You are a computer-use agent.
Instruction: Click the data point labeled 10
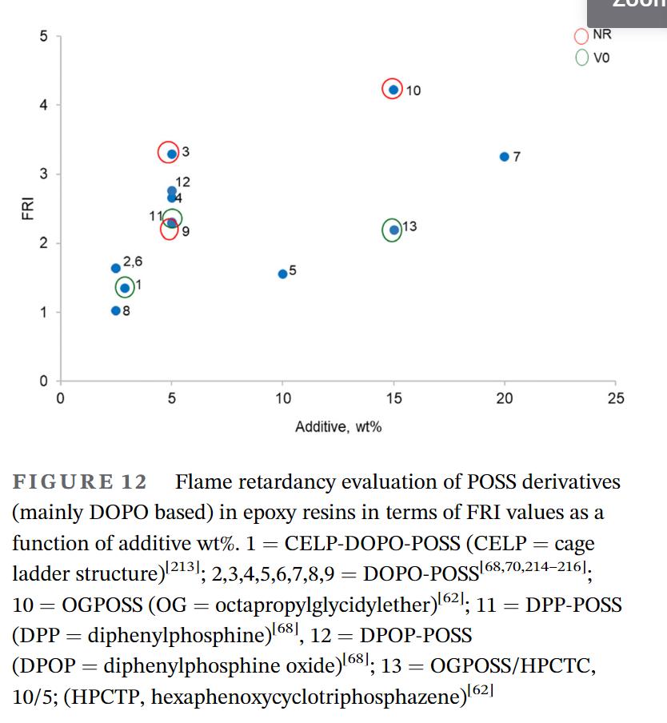[x=393, y=89]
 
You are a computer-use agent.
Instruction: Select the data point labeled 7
[x=504, y=157]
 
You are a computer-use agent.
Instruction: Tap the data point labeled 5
[x=282, y=274]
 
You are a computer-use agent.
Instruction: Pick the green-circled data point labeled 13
[x=393, y=230]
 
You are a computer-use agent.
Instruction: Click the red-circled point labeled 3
[x=170, y=153]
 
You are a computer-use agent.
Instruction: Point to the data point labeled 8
[x=116, y=310]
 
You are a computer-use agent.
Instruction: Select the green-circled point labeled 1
[x=125, y=288]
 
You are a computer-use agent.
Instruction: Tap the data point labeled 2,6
[x=116, y=268]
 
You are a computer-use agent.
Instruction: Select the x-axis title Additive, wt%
[x=338, y=427]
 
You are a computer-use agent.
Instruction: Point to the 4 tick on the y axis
[x=45, y=105]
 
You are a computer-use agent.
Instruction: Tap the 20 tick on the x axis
[x=504, y=398]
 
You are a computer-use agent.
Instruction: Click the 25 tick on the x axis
[x=615, y=398]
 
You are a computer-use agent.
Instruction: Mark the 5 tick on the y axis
[x=45, y=36]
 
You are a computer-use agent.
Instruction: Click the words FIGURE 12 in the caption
[x=79, y=483]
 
